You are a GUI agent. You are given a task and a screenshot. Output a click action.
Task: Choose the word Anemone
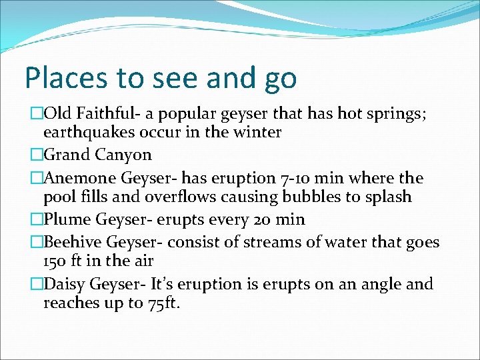[80, 178]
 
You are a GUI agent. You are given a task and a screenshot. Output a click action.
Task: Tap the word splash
[387, 197]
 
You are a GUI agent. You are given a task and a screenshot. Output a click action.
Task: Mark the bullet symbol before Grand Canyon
[37, 155]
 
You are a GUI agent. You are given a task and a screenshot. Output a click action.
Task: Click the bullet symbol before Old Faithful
[37, 115]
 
